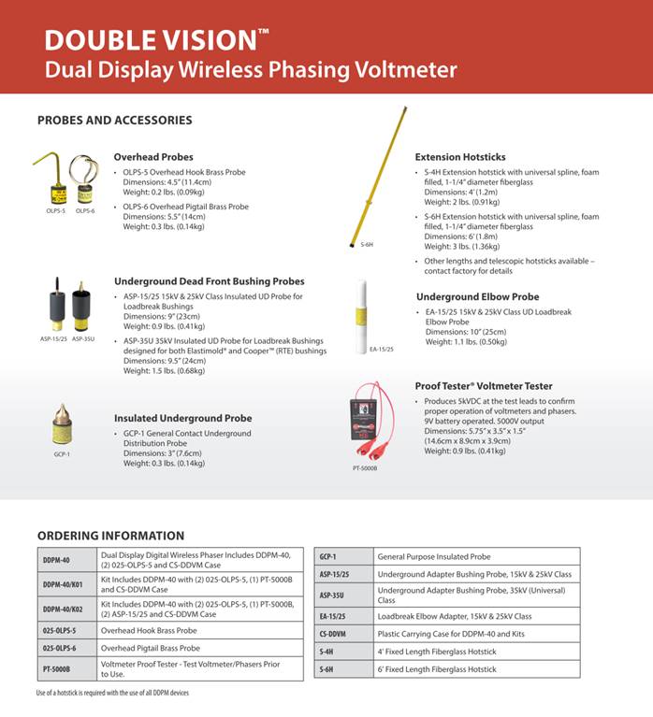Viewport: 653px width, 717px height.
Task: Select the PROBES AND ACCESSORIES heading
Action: click(114, 120)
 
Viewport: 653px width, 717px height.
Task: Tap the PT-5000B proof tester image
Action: click(367, 425)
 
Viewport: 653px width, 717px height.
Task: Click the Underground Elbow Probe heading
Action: click(477, 297)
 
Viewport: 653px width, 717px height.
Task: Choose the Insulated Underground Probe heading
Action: click(182, 418)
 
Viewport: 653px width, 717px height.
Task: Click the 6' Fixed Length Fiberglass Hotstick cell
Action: click(476, 668)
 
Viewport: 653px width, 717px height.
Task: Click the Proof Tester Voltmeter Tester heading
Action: click(483, 385)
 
